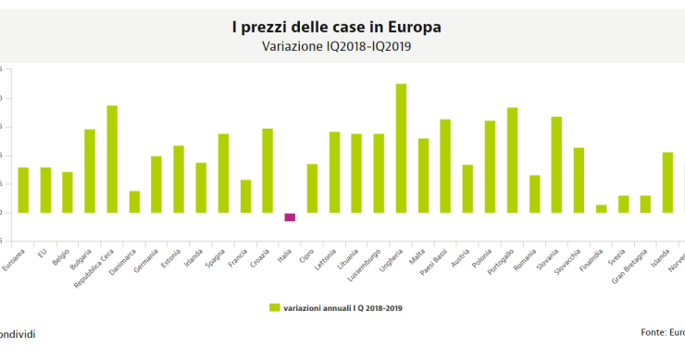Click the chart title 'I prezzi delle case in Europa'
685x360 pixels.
pyautogui.click(x=336, y=28)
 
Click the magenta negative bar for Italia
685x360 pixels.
pyautogui.click(x=290, y=217)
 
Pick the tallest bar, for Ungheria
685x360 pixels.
pyautogui.click(x=401, y=148)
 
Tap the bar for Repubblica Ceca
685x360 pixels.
pyautogui.click(x=112, y=159)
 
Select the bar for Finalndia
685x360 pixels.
pyautogui.click(x=601, y=208)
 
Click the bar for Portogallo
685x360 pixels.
pyautogui.click(x=512, y=160)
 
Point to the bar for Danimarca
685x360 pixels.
pyautogui.click(x=134, y=202)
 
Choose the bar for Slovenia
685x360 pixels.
pyautogui.click(x=556, y=165)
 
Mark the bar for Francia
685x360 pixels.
pyautogui.click(x=245, y=196)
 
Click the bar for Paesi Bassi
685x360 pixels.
pyautogui.click(x=445, y=166)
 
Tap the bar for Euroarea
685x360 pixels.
pyautogui.click(x=23, y=190)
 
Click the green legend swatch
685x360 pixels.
pyautogui.click(x=274, y=306)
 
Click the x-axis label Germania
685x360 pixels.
pyautogui.click(x=147, y=241)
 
